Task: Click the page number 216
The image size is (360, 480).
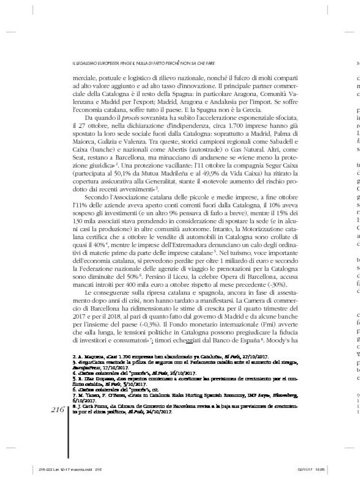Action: coord(58,410)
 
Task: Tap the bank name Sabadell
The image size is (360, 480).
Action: coord(285,142)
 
